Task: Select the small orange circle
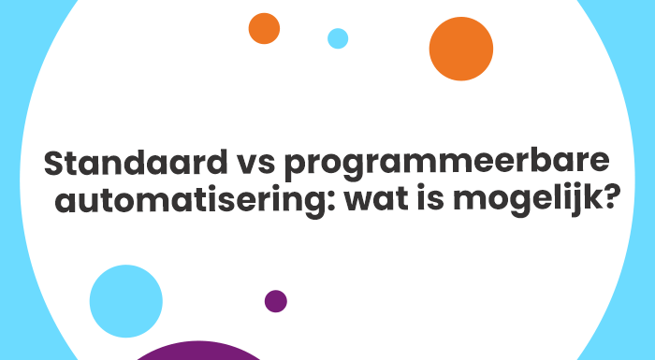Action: click(x=264, y=28)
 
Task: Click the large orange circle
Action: click(x=460, y=49)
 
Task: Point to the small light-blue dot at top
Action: click(x=338, y=38)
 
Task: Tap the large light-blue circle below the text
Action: click(x=126, y=301)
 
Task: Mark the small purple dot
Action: click(x=276, y=301)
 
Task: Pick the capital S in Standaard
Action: click(x=55, y=165)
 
